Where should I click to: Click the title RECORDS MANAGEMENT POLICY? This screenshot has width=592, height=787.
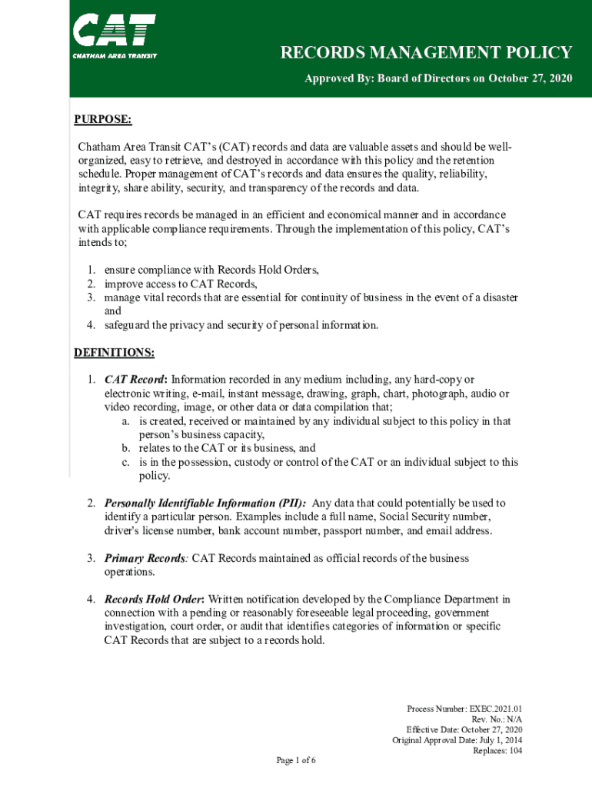pos(426,53)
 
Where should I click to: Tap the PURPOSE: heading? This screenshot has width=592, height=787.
pos(103,120)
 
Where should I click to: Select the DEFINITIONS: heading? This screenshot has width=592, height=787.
pos(114,353)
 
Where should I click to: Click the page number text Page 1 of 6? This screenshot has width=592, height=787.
pos(296,761)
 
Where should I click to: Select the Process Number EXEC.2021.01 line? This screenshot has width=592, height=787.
pos(464,708)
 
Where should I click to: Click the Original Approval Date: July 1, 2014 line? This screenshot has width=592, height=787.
pos(457,740)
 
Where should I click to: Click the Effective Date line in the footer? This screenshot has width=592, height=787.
pos(464,729)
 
